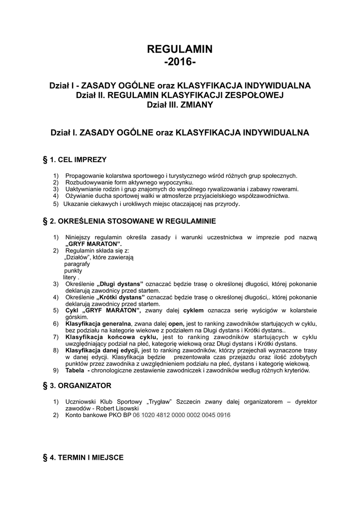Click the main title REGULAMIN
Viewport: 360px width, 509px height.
coord(180,49)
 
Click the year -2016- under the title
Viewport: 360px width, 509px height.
coord(180,63)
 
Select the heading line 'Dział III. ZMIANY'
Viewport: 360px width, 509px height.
coord(180,104)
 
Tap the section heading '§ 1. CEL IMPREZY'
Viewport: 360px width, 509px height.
coord(75,160)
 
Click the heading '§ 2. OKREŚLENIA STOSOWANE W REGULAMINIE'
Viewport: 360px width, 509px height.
coord(130,220)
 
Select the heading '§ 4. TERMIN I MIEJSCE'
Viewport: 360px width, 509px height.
coord(84,457)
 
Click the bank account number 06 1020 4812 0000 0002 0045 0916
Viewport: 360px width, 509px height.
coord(182,415)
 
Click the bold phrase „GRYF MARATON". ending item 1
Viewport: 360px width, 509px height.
coord(93,245)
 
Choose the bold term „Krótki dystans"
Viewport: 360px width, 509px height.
coord(120,297)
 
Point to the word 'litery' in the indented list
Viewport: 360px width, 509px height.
coord(70,277)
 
